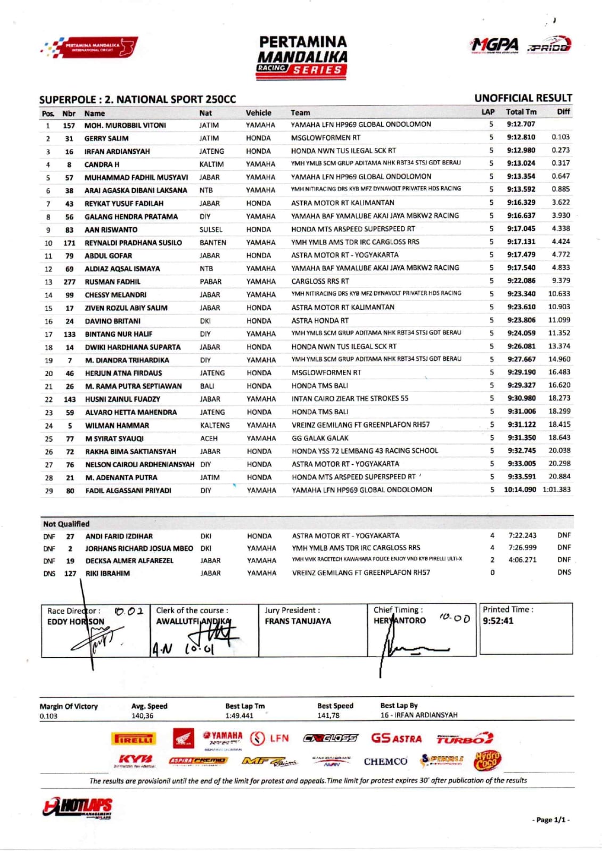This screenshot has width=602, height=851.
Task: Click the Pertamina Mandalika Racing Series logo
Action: coord(302,57)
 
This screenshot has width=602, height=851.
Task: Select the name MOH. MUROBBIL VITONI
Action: coord(125,126)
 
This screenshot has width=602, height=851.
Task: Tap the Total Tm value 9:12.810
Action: coord(521,137)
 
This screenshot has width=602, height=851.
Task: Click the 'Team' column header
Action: coord(300,113)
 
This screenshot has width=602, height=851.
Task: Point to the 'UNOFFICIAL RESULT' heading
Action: coord(523,98)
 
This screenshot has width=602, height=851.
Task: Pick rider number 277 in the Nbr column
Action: coord(69,282)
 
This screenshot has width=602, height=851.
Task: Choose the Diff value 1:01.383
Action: coord(556,490)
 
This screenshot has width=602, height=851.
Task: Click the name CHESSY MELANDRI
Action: coord(116,295)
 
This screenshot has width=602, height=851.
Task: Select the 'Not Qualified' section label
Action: coord(66,524)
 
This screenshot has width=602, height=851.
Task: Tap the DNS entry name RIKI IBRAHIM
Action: coord(108,574)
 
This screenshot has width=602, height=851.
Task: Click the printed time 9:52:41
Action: coord(498,621)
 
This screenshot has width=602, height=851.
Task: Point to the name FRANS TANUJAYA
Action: coord(298,621)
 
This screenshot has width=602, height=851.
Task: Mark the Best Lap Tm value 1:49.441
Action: coord(239,716)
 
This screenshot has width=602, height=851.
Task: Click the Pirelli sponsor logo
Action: coord(133,739)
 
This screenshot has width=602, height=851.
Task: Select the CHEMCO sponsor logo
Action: coord(385,762)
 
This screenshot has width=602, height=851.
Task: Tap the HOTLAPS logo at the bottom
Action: coord(78,808)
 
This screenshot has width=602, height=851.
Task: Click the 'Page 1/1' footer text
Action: coord(551,820)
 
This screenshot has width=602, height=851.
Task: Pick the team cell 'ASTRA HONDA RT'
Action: coord(320,321)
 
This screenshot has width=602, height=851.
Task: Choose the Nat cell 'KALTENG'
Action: coord(215,426)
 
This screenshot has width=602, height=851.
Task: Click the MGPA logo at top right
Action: coord(494,46)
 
